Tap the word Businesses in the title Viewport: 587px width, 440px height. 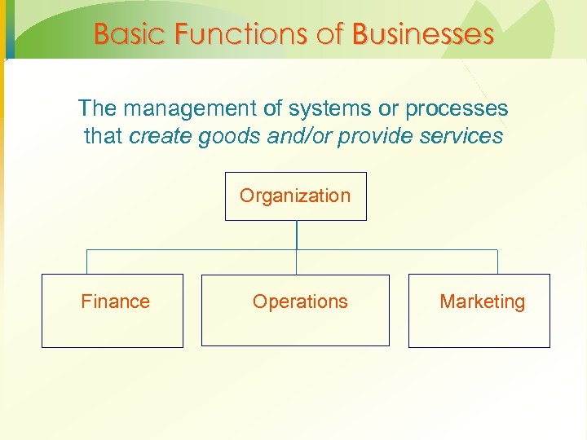[x=423, y=34]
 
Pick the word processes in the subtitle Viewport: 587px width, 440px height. [x=461, y=108]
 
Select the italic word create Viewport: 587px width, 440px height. [x=160, y=136]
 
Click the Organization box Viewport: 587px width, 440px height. [x=295, y=196]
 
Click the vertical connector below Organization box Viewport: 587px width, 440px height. [x=296, y=235]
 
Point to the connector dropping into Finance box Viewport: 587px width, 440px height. [x=86, y=262]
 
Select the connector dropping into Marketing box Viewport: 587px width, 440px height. [x=497, y=262]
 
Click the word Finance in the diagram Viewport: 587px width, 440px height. [x=115, y=301]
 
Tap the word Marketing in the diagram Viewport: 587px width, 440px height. [x=482, y=301]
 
